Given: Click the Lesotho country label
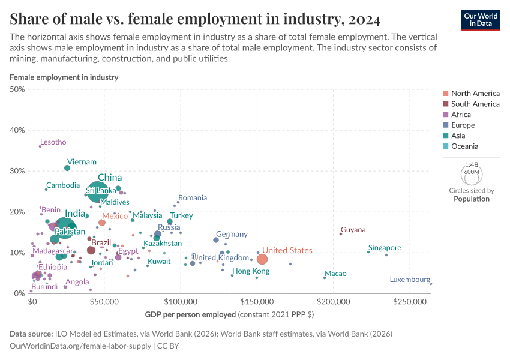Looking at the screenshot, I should (53, 142).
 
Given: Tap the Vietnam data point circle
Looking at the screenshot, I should (67, 168).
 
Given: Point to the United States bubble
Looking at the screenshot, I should (262, 259).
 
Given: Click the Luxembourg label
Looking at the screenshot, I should (410, 280).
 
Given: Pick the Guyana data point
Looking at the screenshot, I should (341, 234).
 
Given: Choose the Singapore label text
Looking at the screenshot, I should (385, 248).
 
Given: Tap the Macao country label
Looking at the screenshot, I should (335, 274).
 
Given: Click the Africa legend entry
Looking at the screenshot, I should (461, 115).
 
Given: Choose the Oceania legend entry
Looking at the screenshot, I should (464, 146).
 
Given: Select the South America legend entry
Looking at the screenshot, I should (475, 104).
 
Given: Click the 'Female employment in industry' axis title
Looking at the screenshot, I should (64, 77).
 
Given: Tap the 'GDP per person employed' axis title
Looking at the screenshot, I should (190, 314).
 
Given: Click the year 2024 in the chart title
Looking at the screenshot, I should (363, 20).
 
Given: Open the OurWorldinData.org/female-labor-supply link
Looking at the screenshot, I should (81, 346).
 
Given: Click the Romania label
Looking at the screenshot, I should (193, 197).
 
